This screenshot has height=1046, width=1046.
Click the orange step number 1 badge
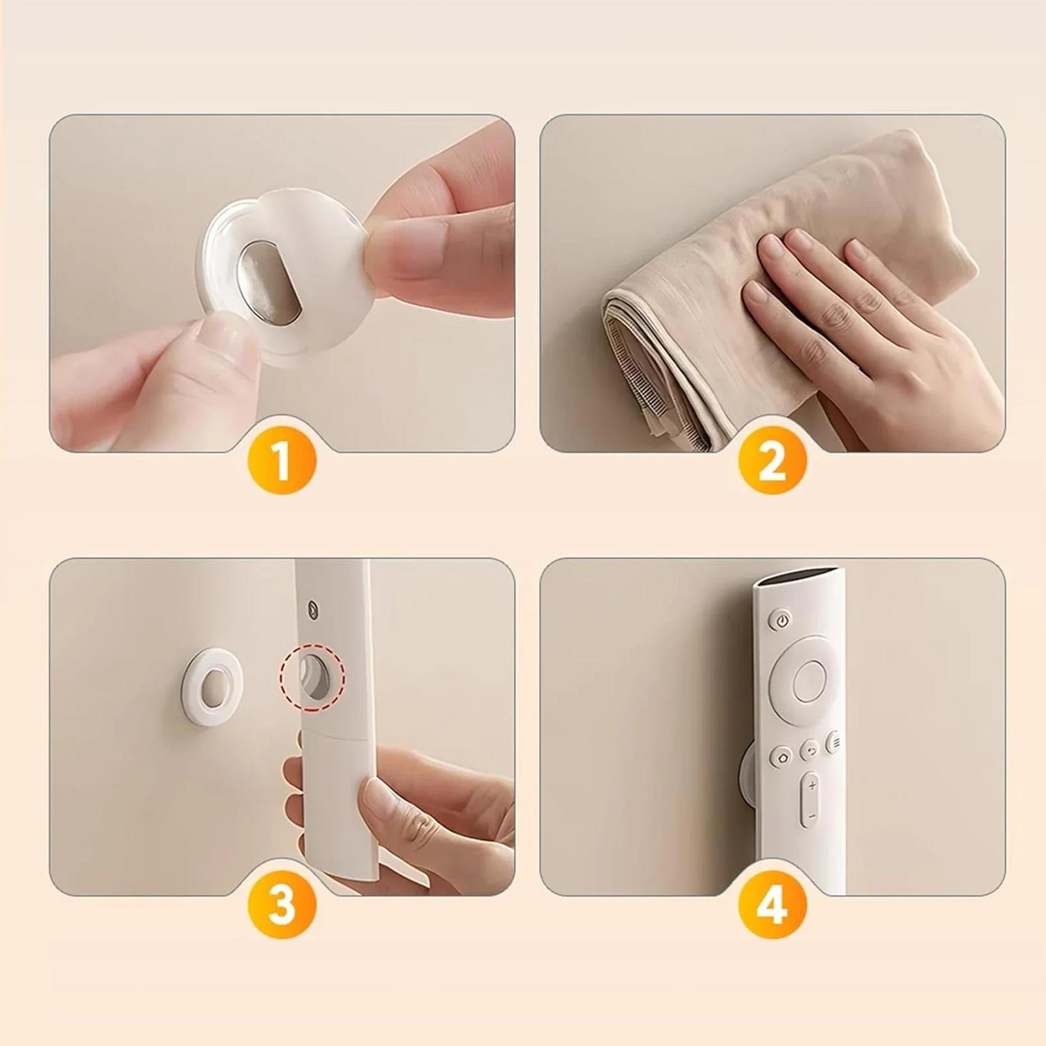pyautogui.click(x=282, y=460)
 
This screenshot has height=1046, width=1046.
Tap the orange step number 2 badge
pyautogui.click(x=772, y=460)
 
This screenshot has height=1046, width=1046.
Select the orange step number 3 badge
pyautogui.click(x=282, y=904)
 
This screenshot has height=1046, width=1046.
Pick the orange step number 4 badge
pyautogui.click(x=772, y=904)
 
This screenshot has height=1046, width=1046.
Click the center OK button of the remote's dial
pyautogui.click(x=809, y=681)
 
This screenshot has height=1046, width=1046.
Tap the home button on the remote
pyautogui.click(x=782, y=757)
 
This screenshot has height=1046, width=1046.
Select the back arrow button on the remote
pyautogui.click(x=811, y=750)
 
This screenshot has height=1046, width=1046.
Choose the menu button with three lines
pyautogui.click(x=834, y=742)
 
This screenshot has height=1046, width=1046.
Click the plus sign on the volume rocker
pyautogui.click(x=811, y=785)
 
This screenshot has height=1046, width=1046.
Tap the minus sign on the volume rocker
pyautogui.click(x=811, y=816)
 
